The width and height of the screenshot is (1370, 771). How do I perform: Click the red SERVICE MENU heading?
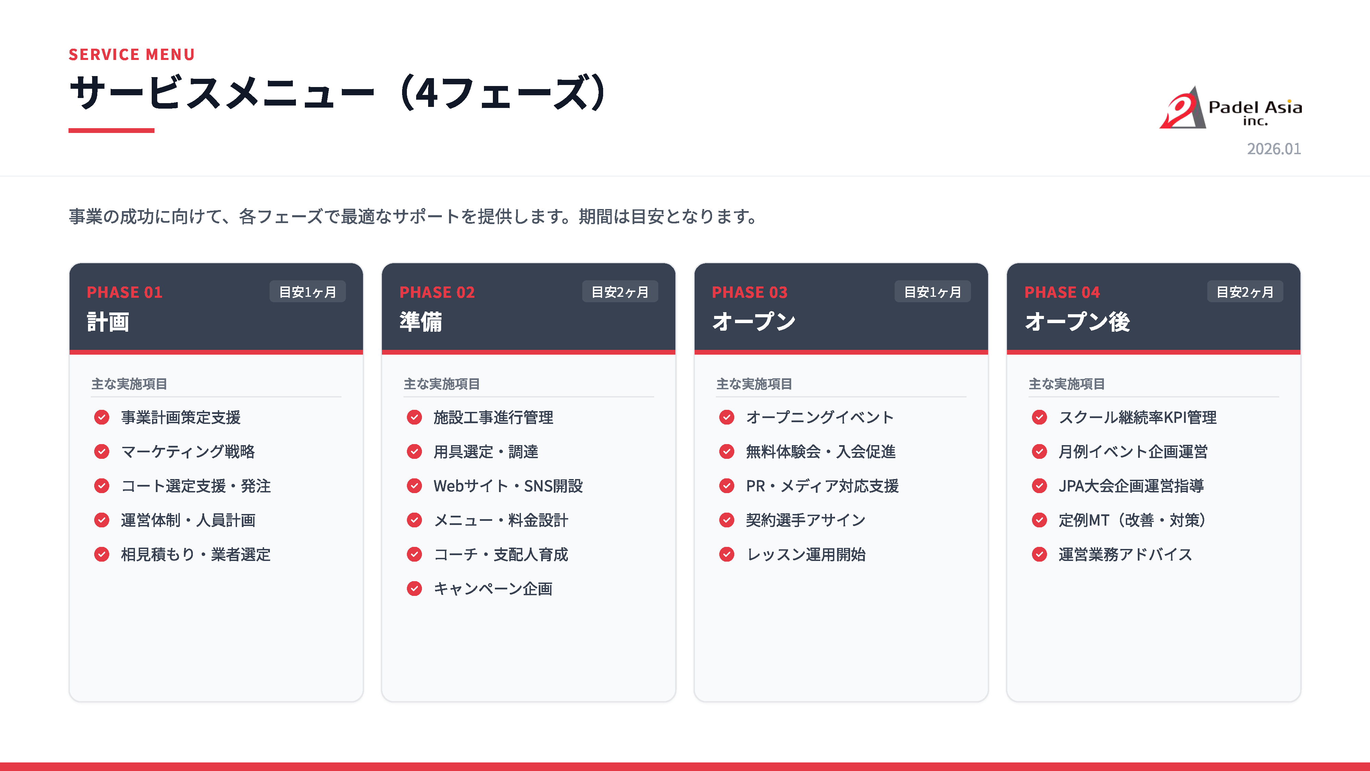coord(132,54)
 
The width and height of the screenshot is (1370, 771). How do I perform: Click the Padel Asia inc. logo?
coord(1230,108)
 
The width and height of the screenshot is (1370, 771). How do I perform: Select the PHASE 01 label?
coord(124,292)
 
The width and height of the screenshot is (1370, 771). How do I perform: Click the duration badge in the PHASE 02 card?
coord(620,292)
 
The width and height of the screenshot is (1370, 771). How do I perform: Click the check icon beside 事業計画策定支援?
coord(102,417)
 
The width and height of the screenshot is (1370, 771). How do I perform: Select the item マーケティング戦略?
coord(188,451)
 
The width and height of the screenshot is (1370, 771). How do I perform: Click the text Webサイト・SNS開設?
coord(508,486)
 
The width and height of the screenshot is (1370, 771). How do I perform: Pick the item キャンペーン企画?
coord(493,588)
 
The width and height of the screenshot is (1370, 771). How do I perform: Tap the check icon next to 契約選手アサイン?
coord(726,520)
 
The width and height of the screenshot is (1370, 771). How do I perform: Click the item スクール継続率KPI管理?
coord(1137,417)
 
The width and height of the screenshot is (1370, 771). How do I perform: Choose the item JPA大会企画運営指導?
coord(1131,486)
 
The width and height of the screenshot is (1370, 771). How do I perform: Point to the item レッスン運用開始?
coord(806,554)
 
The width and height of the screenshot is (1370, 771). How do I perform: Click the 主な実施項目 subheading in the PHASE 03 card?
coord(754,384)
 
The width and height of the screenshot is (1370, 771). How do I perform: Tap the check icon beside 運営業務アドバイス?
coord(1039,554)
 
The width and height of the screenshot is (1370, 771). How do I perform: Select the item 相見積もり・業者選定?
coord(196,554)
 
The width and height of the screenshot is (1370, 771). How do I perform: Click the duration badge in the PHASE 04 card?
coord(1245,292)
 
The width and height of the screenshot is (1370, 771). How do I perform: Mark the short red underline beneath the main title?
coord(111,130)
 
